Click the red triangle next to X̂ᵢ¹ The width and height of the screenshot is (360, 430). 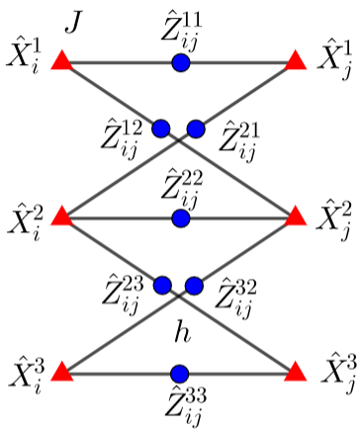62,62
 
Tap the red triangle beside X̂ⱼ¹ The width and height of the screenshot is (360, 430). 296,62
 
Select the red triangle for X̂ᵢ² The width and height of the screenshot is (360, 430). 62,215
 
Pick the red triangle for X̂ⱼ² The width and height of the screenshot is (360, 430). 296,215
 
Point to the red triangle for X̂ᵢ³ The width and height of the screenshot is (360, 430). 62,373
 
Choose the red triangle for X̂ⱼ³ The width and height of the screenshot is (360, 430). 296,373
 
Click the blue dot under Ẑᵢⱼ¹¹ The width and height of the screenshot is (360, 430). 180,63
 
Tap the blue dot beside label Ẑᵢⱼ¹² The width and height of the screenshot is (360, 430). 162,128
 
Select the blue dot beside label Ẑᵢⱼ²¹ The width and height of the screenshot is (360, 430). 195,128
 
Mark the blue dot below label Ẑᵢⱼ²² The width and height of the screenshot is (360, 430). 180,216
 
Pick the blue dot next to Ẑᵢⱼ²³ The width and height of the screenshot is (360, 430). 162,286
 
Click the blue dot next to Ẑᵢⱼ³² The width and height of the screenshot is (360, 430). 194,286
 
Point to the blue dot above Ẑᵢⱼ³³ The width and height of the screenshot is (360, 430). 179,374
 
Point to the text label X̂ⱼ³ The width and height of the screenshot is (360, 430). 333,374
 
